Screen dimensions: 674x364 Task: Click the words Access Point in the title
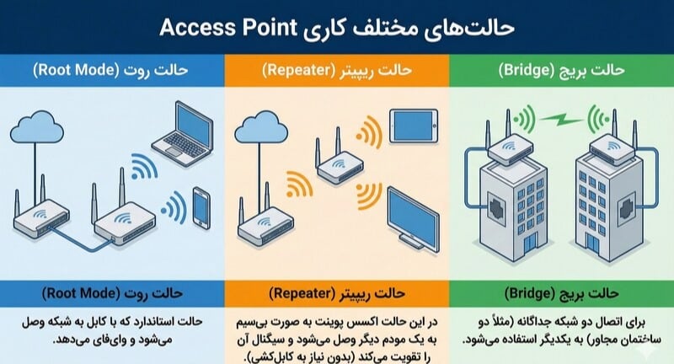(227, 28)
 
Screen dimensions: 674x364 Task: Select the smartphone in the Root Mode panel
(201, 208)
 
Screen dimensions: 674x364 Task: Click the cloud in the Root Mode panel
(37, 127)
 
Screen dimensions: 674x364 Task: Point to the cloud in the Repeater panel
(261, 127)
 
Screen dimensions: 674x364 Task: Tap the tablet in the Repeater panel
(414, 126)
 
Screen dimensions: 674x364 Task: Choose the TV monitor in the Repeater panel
(414, 219)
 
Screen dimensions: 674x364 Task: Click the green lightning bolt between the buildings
(561, 119)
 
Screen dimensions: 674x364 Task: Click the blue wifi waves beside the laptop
(143, 167)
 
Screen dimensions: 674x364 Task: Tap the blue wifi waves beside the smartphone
(174, 208)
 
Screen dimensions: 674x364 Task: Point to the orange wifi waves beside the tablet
(369, 131)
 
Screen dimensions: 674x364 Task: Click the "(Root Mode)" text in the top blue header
(76, 70)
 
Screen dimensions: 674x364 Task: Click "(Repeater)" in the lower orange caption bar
(302, 293)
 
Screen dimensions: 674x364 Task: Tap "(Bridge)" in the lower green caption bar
(530, 293)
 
